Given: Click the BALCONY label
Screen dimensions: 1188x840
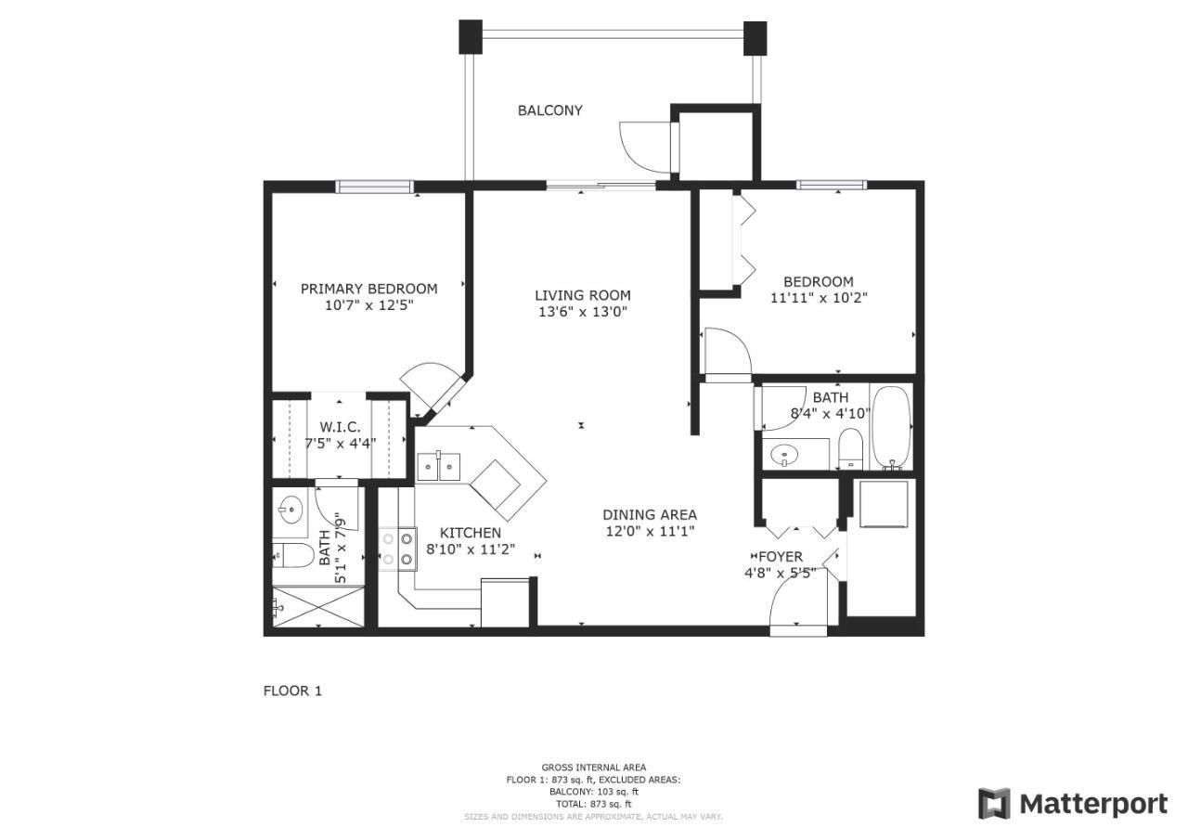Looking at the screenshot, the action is coord(550,110).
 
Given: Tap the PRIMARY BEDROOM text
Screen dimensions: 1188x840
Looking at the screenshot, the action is coord(369,289).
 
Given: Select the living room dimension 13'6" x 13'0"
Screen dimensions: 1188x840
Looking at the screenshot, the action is coord(583,312).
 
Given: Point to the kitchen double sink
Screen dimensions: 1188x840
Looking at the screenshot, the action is coord(439,467).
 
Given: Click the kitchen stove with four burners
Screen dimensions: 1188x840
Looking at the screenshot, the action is coord(398,549).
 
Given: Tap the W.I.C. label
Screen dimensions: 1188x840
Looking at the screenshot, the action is coord(340,427).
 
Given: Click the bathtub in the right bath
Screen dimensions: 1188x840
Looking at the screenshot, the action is coord(891,428).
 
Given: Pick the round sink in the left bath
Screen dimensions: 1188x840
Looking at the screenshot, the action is coord(291,510).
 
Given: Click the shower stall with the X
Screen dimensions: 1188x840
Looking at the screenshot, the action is coord(318,607).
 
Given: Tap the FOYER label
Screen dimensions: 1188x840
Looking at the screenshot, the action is coord(781,557).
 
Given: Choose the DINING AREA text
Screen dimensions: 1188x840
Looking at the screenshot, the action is coord(650,515).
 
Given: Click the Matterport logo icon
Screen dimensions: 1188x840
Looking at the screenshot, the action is coord(994,805).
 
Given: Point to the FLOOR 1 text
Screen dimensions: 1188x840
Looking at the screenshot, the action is coord(292,691).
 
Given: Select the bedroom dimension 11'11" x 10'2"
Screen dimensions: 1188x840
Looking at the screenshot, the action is coord(819,298).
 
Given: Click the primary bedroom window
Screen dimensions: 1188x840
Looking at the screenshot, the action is coord(375,187).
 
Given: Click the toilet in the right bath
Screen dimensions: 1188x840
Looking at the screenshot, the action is coord(850,449).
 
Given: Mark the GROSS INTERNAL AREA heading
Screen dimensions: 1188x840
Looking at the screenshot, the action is coord(593,768).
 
